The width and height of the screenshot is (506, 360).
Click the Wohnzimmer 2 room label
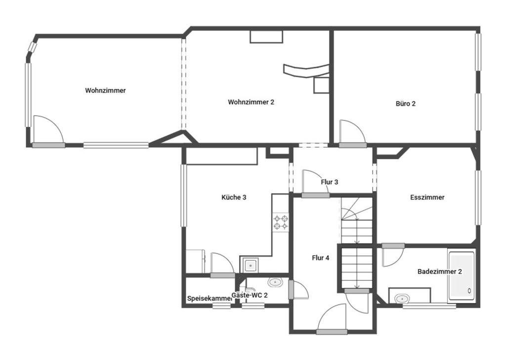(x=251, y=102)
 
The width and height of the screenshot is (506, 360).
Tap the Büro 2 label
(x=406, y=104)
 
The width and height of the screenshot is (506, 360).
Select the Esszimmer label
(x=427, y=197)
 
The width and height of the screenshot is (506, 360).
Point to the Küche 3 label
(x=234, y=197)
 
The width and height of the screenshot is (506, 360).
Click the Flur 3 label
(x=330, y=182)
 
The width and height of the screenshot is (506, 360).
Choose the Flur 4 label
(x=320, y=258)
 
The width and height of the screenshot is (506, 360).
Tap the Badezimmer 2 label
(x=439, y=271)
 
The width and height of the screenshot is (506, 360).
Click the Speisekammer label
(x=210, y=299)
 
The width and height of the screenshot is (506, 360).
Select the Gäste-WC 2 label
(x=250, y=295)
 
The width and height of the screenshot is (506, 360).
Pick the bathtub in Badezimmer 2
(x=462, y=276)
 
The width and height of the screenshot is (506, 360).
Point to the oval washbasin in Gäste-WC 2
(x=275, y=282)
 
